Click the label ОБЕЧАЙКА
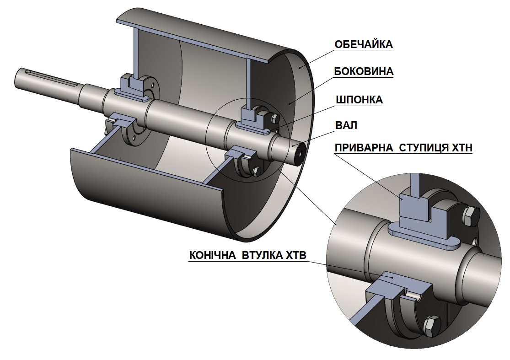point(364,44)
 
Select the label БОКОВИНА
point(364,72)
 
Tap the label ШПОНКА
point(359,100)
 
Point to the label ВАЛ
point(346,125)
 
